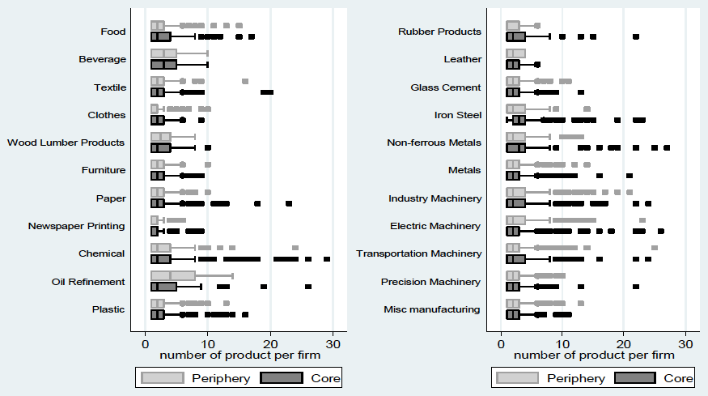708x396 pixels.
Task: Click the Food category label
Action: [113, 32]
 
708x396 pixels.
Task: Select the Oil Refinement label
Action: [88, 282]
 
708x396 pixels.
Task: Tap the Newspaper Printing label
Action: [76, 226]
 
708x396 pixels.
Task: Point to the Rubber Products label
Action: [440, 32]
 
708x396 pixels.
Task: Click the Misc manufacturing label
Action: [432, 309]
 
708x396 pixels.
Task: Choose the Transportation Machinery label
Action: [419, 253]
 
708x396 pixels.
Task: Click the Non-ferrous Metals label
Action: [434, 143]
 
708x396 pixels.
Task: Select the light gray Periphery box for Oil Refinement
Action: [173, 276]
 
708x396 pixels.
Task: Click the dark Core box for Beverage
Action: [163, 65]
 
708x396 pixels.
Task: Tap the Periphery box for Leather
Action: [515, 53]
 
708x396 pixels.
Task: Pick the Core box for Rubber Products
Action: [515, 37]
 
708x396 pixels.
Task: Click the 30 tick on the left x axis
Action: [333, 344]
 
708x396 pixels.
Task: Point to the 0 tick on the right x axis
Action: [501, 344]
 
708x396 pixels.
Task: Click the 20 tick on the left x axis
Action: [270, 344]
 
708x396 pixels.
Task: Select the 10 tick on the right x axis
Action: [562, 344]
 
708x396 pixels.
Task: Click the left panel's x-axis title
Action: [240, 356]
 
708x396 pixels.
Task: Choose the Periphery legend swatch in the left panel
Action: [163, 378]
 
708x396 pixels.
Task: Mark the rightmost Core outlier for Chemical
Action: [327, 259]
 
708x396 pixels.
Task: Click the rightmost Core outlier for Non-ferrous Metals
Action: [667, 148]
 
